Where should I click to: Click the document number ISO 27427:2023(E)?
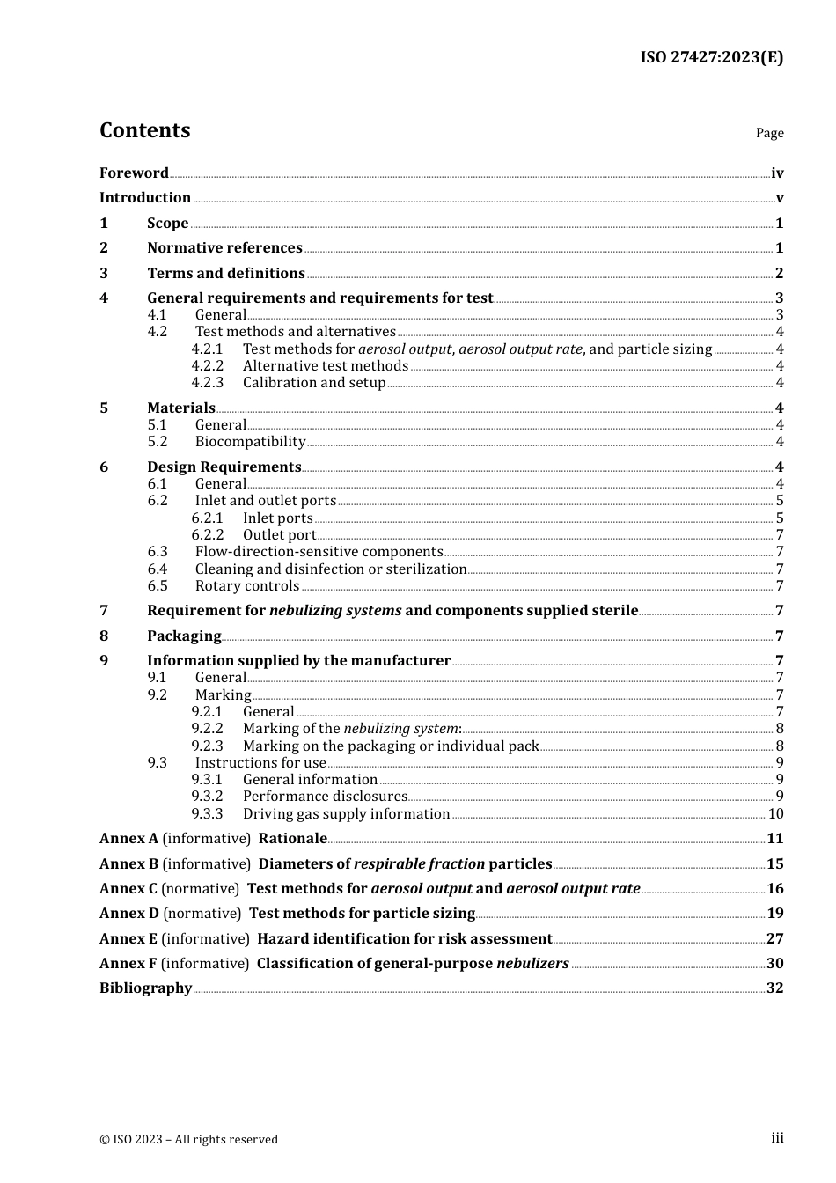point(711,57)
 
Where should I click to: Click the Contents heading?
point(144,130)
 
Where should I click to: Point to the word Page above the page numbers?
point(769,133)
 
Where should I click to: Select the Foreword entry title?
point(134,173)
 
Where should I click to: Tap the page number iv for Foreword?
point(777,173)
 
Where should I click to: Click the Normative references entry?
point(224,248)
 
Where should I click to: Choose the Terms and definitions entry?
point(225,273)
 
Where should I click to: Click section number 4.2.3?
point(208,383)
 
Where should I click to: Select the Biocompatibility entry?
point(250,442)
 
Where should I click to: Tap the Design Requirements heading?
point(224,467)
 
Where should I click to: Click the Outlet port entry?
point(279,535)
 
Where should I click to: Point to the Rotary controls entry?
point(246,586)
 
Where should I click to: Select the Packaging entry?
point(184,636)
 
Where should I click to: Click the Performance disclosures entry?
point(325,797)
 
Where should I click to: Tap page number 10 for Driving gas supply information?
point(775,814)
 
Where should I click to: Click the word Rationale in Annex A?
point(292,839)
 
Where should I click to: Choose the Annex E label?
point(128,939)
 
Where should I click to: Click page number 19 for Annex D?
point(774,914)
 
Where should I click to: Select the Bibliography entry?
point(145,988)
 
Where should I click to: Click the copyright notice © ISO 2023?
point(188,1139)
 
